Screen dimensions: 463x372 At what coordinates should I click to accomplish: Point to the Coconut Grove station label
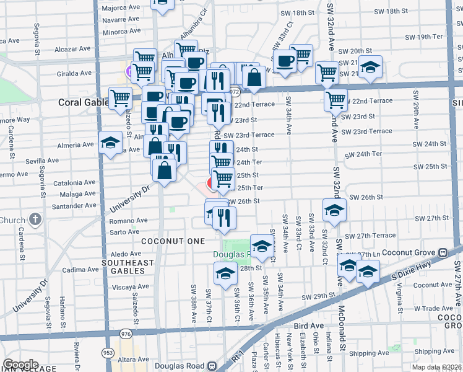pos(409,253)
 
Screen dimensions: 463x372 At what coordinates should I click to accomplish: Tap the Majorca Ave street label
pos(122,8)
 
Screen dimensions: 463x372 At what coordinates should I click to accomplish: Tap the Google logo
pos(20,364)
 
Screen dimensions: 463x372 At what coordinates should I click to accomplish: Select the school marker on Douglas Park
pos(262,245)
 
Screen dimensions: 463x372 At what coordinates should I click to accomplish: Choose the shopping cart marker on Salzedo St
pos(119,97)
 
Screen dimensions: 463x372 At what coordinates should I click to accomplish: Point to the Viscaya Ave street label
pos(128,288)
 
